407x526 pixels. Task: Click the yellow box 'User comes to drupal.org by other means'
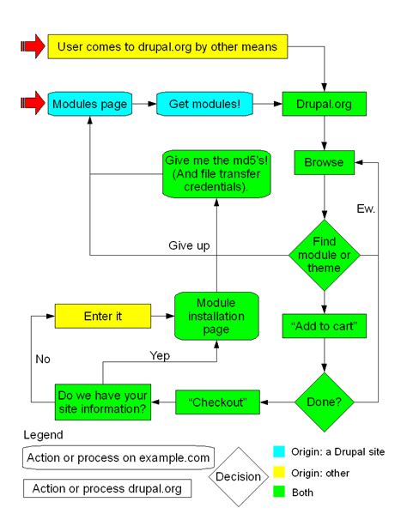[x=163, y=46]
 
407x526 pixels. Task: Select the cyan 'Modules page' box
[x=89, y=104]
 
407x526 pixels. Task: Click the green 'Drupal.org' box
[x=324, y=104]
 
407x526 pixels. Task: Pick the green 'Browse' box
[x=324, y=161]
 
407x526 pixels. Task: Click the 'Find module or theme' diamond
[x=324, y=255]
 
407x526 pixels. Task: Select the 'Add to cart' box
[x=324, y=325]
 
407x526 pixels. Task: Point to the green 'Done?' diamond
[x=324, y=400]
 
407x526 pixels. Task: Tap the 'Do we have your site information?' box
[x=102, y=401]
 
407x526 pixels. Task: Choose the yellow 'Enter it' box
[x=102, y=316]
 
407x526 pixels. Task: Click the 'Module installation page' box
[x=216, y=316]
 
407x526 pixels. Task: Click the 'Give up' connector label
[x=189, y=245]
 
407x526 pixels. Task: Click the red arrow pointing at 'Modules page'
[x=31, y=104]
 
